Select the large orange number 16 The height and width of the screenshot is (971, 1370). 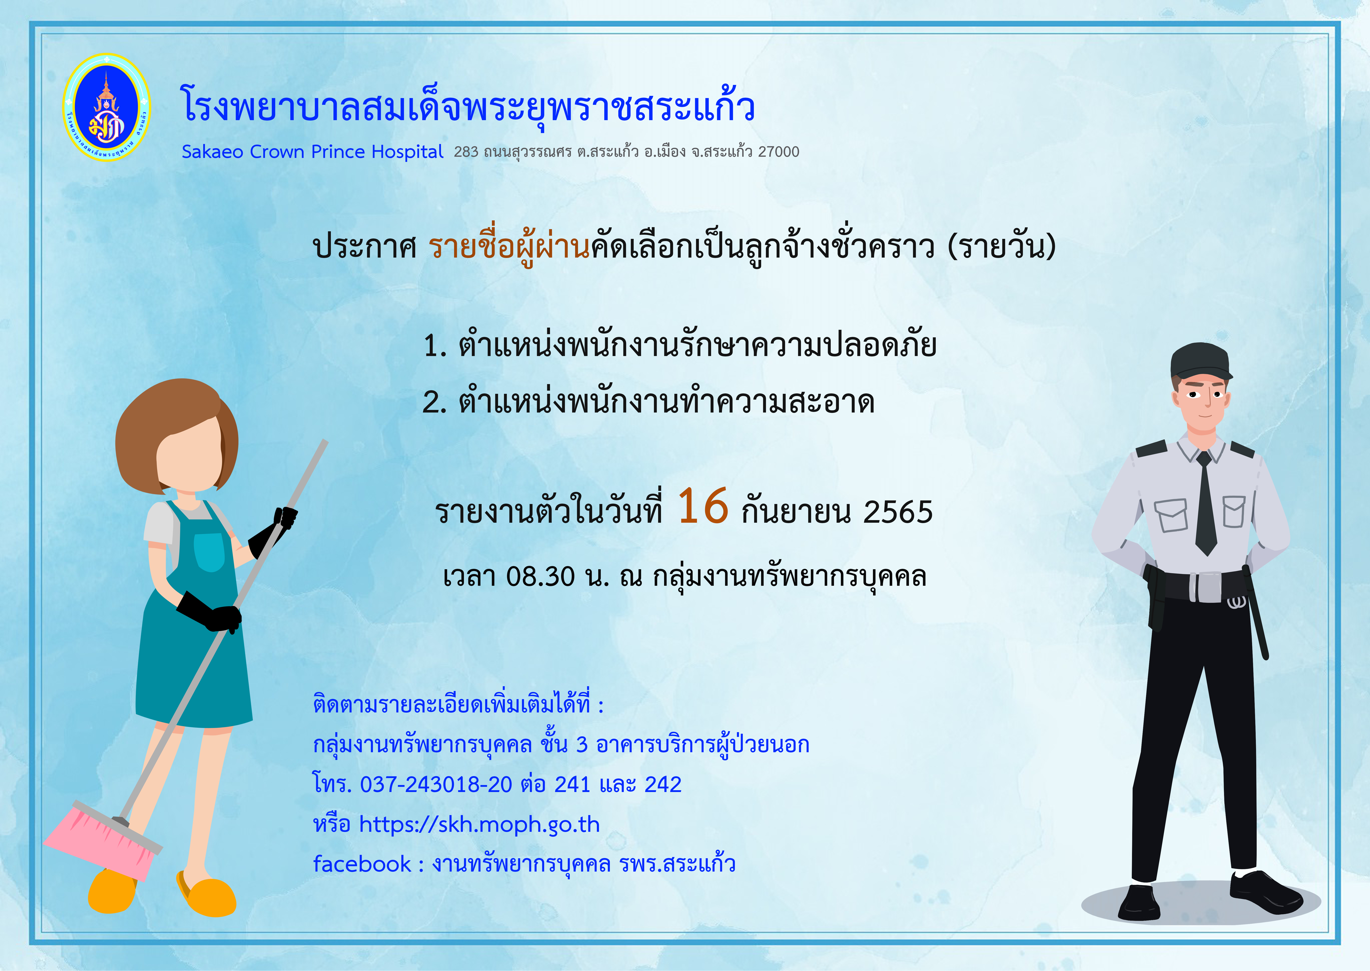(703, 505)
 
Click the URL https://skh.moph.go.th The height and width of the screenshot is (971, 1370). (479, 824)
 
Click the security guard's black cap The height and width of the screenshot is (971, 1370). (1200, 361)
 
